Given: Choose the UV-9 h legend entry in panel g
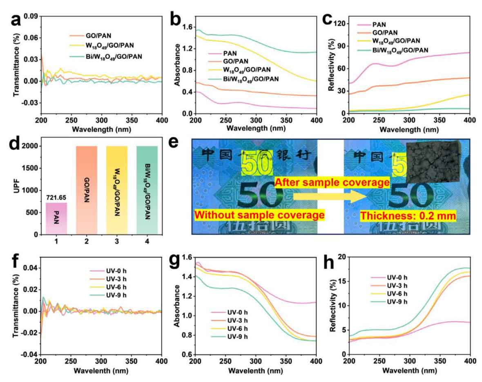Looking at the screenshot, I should click(x=232, y=336).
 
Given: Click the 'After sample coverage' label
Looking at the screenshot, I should click(x=331, y=182).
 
